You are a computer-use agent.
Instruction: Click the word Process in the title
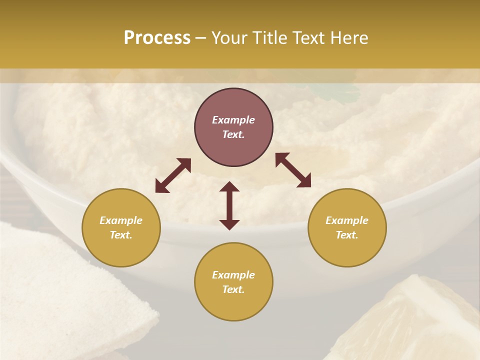tap(157, 38)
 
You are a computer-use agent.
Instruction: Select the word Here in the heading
tap(349, 38)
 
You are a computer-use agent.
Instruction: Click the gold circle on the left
tap(121, 227)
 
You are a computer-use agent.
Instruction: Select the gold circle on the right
tap(347, 227)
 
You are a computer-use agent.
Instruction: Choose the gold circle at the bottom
tap(233, 281)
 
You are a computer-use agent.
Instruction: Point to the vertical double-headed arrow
tap(229, 205)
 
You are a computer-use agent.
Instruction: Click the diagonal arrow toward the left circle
tap(173, 175)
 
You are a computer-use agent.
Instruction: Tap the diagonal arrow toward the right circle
tap(293, 170)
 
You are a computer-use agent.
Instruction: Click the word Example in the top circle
tap(233, 120)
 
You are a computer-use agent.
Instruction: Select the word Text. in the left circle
tap(121, 235)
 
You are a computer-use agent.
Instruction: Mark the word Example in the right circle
tap(347, 220)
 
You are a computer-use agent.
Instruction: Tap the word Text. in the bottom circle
tap(233, 289)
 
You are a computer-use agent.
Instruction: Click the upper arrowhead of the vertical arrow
tap(229, 187)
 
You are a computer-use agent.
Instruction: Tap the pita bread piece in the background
tap(65, 295)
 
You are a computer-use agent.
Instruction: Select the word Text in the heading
tap(308, 38)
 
